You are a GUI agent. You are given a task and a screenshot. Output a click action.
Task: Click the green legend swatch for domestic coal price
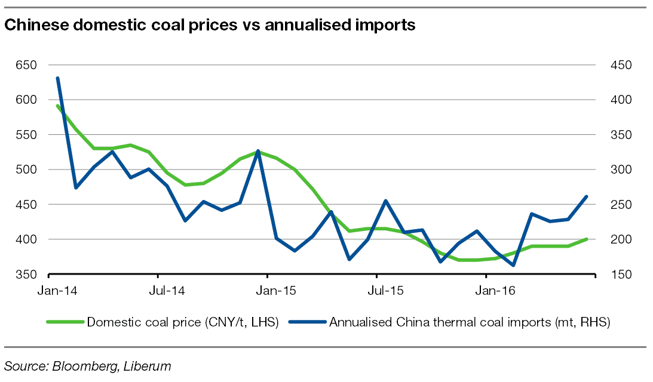tap(65, 322)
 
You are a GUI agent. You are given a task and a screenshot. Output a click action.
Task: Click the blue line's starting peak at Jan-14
tap(57, 78)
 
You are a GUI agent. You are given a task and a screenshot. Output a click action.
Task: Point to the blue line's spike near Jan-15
tap(257, 151)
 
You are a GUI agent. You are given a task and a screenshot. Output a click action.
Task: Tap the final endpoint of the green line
tap(587, 239)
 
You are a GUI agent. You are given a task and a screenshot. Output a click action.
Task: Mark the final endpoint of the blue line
tap(587, 196)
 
